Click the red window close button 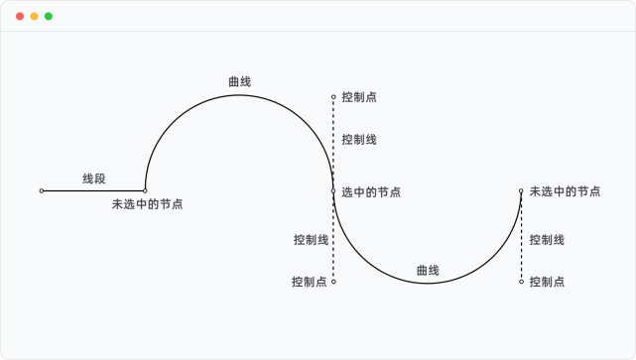[20, 16]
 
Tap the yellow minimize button [34, 16]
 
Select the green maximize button [49, 16]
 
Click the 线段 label [93, 179]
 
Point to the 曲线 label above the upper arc [239, 81]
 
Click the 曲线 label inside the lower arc [428, 270]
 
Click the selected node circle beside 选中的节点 [333, 190]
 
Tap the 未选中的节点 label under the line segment [147, 204]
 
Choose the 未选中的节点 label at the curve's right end [565, 191]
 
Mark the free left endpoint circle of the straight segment [42, 190]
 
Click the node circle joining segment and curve [145, 190]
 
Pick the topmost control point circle [333, 97]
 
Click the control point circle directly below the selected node [333, 282]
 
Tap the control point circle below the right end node [521, 282]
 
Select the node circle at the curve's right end [521, 190]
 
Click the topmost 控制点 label [358, 97]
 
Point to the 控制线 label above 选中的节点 [358, 140]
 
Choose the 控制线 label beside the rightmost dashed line [547, 239]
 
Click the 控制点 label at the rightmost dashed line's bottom [547, 282]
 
